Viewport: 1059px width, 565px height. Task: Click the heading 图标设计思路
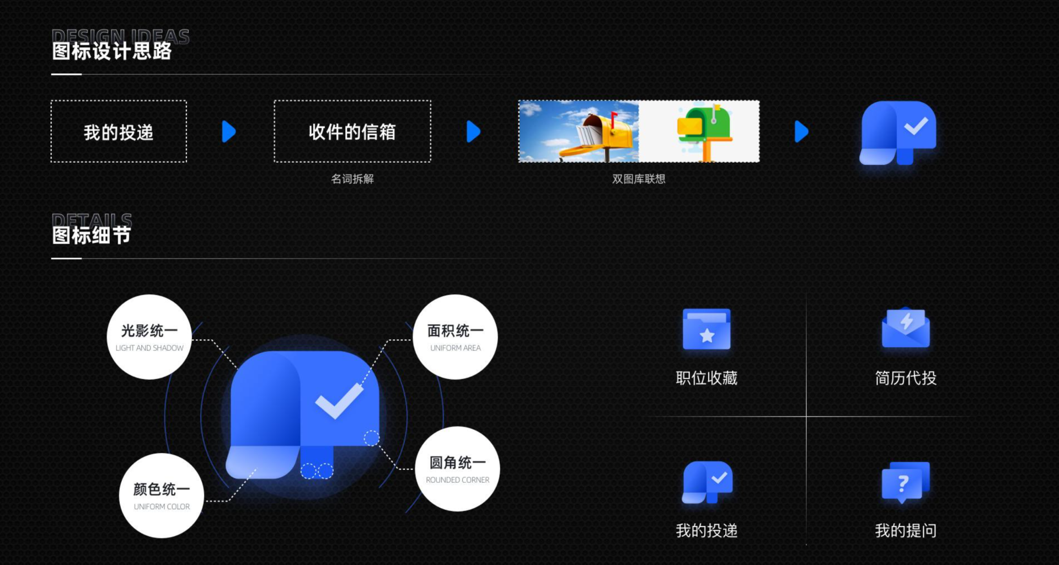pos(111,51)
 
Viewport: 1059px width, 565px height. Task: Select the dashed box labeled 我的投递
pos(119,131)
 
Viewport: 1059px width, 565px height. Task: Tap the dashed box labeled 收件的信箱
pos(352,131)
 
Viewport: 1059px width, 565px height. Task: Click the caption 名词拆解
pos(352,179)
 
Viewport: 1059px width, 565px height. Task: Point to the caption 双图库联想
pos(638,179)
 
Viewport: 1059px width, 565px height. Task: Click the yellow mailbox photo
pos(579,131)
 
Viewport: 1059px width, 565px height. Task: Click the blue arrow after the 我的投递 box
pos(228,131)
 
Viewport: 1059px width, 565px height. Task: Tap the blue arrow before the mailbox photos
pos(473,131)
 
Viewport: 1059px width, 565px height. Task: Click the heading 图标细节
pos(91,236)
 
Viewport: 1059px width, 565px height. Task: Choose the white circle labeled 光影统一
pos(149,337)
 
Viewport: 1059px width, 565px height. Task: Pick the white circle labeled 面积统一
pos(455,337)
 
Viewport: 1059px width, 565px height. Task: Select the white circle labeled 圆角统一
pos(457,468)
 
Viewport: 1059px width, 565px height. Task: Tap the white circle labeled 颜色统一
pos(161,495)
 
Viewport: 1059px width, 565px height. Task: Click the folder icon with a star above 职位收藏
pos(706,329)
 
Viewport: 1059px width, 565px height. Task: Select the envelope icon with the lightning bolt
pos(905,328)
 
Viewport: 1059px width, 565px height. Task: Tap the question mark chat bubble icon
pos(905,482)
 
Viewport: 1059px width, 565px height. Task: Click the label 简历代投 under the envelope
pos(905,378)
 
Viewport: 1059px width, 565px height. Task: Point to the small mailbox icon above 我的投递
pos(707,482)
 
